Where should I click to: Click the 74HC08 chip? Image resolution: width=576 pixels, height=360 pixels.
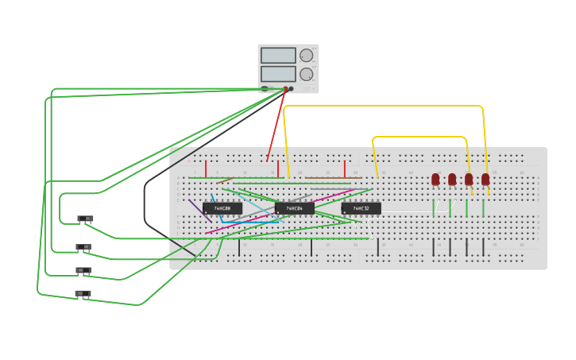coord(222,208)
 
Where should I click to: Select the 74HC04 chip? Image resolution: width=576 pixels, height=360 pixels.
coord(294,208)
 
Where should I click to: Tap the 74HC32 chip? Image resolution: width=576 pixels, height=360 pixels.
coord(361,208)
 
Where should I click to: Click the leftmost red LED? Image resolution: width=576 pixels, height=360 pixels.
coord(435,180)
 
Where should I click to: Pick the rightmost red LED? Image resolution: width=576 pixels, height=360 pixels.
coord(485,180)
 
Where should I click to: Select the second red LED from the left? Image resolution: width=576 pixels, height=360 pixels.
coord(452,180)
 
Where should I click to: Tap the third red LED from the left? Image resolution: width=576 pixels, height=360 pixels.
coord(469,180)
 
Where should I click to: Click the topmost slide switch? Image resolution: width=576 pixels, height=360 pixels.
coord(85,219)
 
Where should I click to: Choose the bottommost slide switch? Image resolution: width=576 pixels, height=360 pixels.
coord(83,294)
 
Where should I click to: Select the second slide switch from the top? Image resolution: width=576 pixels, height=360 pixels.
coord(83,247)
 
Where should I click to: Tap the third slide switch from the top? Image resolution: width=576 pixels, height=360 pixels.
coord(83,270)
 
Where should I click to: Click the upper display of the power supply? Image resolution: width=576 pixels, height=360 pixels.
coord(278,56)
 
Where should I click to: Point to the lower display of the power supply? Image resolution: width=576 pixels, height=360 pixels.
coord(278,74)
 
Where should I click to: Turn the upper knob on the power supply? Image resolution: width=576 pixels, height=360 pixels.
coord(306,56)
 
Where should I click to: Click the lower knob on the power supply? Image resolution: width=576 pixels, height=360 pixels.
coord(306,74)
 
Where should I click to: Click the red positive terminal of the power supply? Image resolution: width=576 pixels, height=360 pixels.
coord(285,89)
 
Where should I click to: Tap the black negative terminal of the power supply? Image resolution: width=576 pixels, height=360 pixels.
coord(291,89)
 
